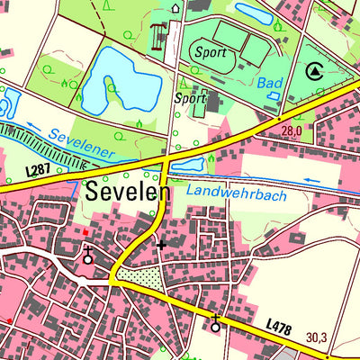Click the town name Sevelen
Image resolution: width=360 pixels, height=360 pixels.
click(128, 192)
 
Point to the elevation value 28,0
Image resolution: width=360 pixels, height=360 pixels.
click(291, 131)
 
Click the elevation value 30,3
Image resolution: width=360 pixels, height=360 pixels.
click(341, 337)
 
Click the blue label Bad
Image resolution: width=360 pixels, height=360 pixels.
click(269, 82)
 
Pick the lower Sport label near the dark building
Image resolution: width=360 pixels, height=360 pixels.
click(192, 96)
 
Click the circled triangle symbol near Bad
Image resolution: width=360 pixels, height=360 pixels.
click(313, 70)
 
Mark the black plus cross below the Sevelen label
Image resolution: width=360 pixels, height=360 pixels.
click(162, 244)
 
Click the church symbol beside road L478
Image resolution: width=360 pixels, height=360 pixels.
click(215, 324)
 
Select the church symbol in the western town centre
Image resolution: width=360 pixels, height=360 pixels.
click(87, 257)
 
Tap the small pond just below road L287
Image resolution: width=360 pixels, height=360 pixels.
click(189, 164)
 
